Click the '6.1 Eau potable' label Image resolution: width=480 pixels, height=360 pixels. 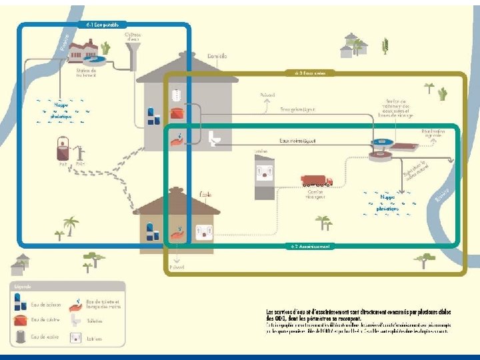coord(103,25)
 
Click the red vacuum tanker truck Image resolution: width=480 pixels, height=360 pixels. coord(317,181)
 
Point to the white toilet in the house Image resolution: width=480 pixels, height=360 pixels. coord(215,138)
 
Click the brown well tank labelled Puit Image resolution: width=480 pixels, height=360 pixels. coord(63,147)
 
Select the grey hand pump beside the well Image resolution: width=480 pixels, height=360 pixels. coord(81,153)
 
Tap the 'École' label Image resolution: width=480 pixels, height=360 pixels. coord(206,194)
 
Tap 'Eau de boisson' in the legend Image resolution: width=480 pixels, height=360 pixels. coord(46,304)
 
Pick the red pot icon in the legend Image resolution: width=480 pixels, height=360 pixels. coord(21,321)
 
